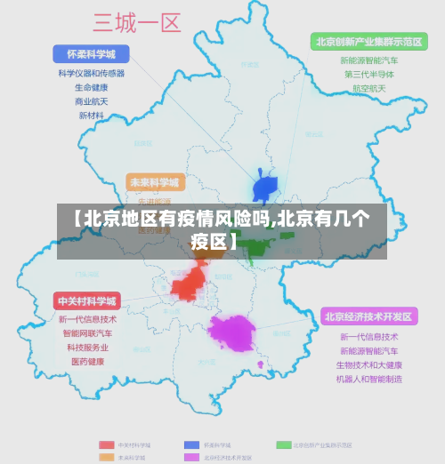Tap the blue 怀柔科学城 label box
point(91,53)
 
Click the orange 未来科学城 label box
point(155,182)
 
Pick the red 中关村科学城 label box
point(87,300)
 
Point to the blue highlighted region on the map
point(265,188)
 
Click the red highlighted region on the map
point(190,284)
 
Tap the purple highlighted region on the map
point(232,332)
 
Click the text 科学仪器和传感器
point(91,74)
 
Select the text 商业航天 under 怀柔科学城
point(91,102)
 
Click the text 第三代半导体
point(369,75)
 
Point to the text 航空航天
point(369,89)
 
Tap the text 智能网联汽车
point(88,333)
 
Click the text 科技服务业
point(88,348)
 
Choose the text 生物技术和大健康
point(369,365)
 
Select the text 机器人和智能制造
point(369,380)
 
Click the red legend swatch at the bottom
point(104,444)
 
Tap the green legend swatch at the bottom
point(284,444)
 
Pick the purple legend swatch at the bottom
point(191,457)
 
